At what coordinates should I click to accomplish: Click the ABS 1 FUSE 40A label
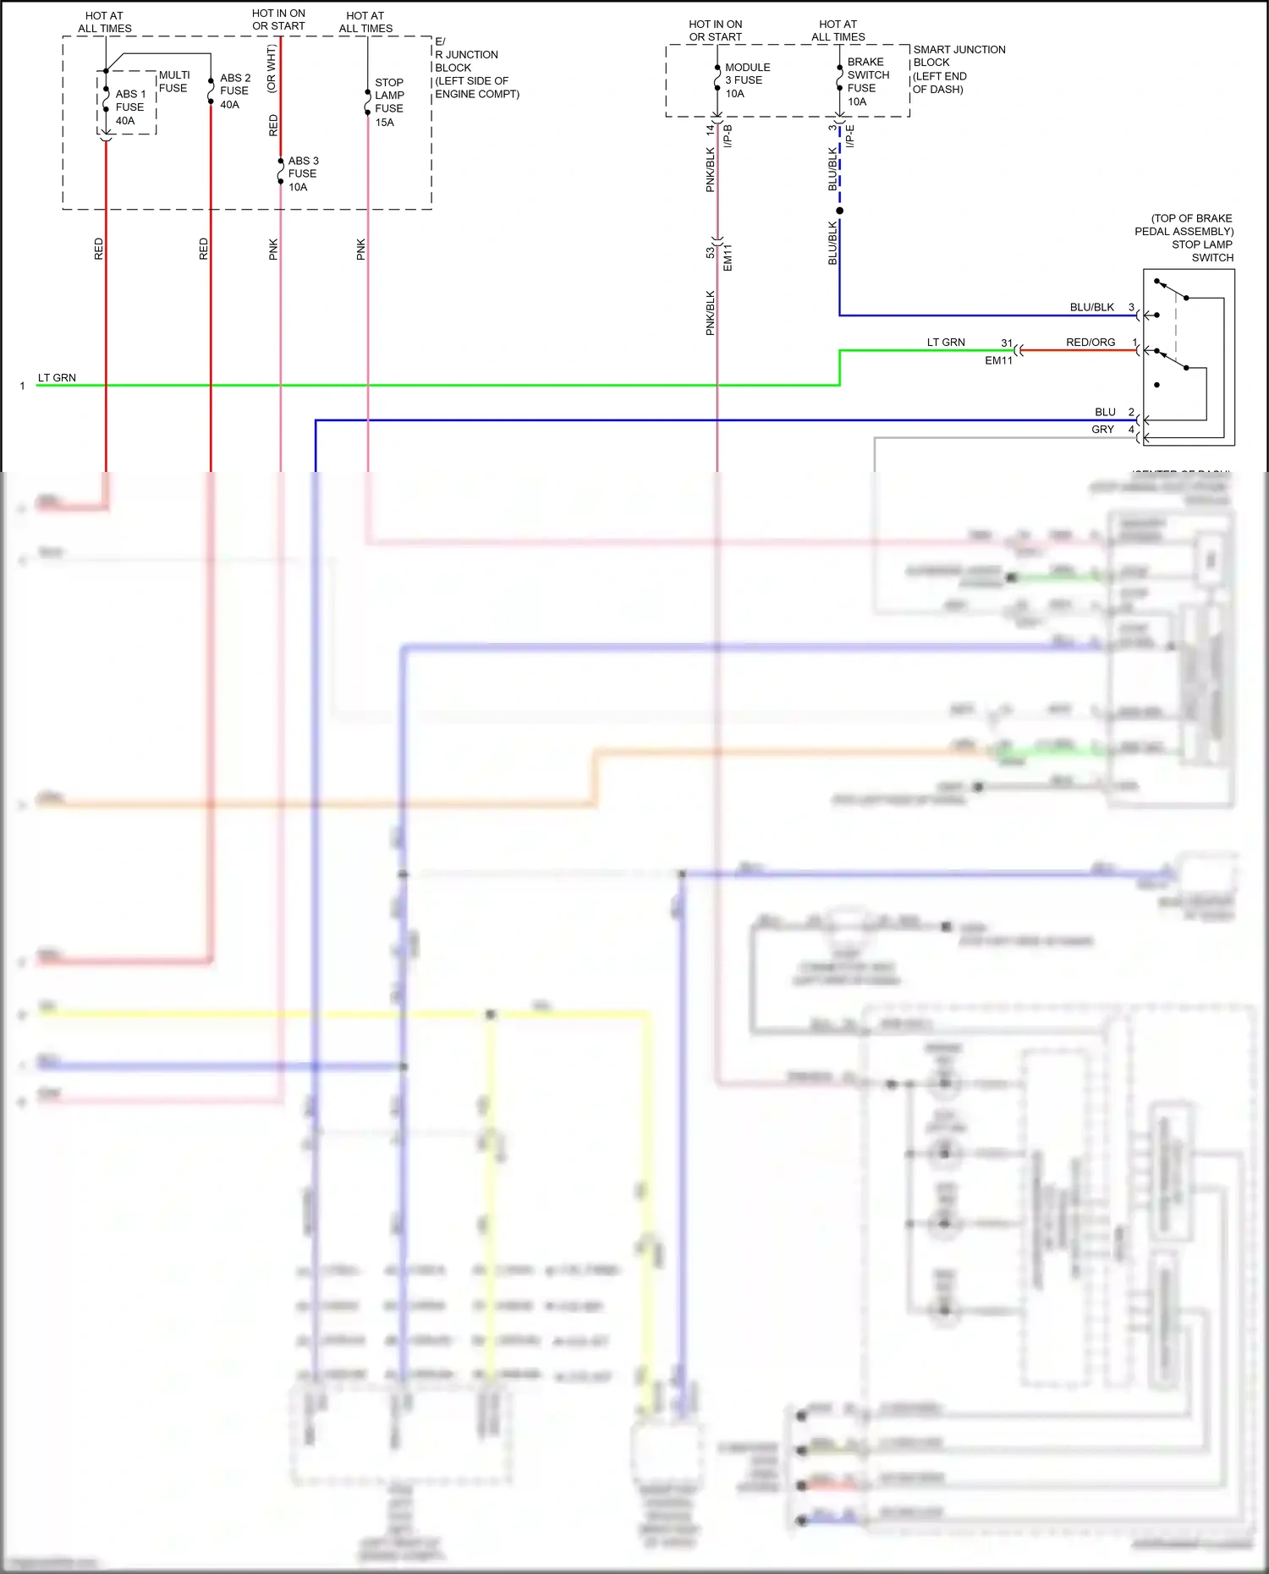pyautogui.click(x=129, y=107)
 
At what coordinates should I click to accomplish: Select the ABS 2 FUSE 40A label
pyautogui.click(x=234, y=90)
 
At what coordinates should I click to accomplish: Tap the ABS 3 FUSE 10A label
pyautogui.click(x=303, y=173)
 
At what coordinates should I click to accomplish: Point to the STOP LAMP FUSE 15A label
pyautogui.click(x=389, y=102)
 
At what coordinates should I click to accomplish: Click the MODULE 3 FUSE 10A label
pyautogui.click(x=746, y=80)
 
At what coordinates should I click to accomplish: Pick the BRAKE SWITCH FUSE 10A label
pyautogui.click(x=867, y=81)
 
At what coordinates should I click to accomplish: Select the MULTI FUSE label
pyautogui.click(x=174, y=81)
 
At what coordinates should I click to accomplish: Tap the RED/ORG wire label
pyautogui.click(x=1090, y=343)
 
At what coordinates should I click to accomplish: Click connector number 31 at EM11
pyautogui.click(x=1007, y=343)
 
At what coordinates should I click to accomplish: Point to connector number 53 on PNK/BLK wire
pyautogui.click(x=711, y=253)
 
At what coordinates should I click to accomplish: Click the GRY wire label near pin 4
pyautogui.click(x=1102, y=430)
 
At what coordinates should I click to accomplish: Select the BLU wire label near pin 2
pyautogui.click(x=1105, y=412)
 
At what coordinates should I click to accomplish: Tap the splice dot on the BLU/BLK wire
pyautogui.click(x=839, y=211)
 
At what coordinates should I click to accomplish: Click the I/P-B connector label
pyautogui.click(x=728, y=136)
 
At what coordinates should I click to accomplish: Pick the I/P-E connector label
pyautogui.click(x=850, y=136)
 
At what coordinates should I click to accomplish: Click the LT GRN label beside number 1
pyautogui.click(x=57, y=378)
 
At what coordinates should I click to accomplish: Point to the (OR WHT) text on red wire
pyautogui.click(x=271, y=69)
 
